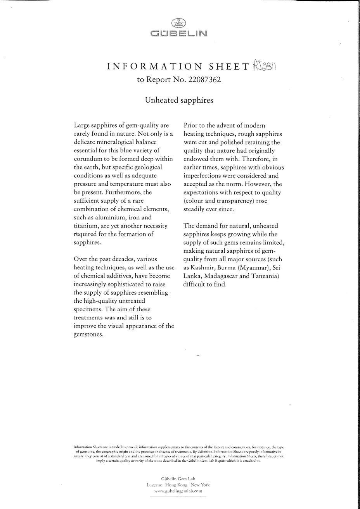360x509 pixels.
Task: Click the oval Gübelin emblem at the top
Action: coord(179,23)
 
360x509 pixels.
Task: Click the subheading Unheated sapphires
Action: coord(179,100)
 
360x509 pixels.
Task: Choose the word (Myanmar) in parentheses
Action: coord(252,268)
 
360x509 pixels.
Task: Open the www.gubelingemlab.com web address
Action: coord(178,491)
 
